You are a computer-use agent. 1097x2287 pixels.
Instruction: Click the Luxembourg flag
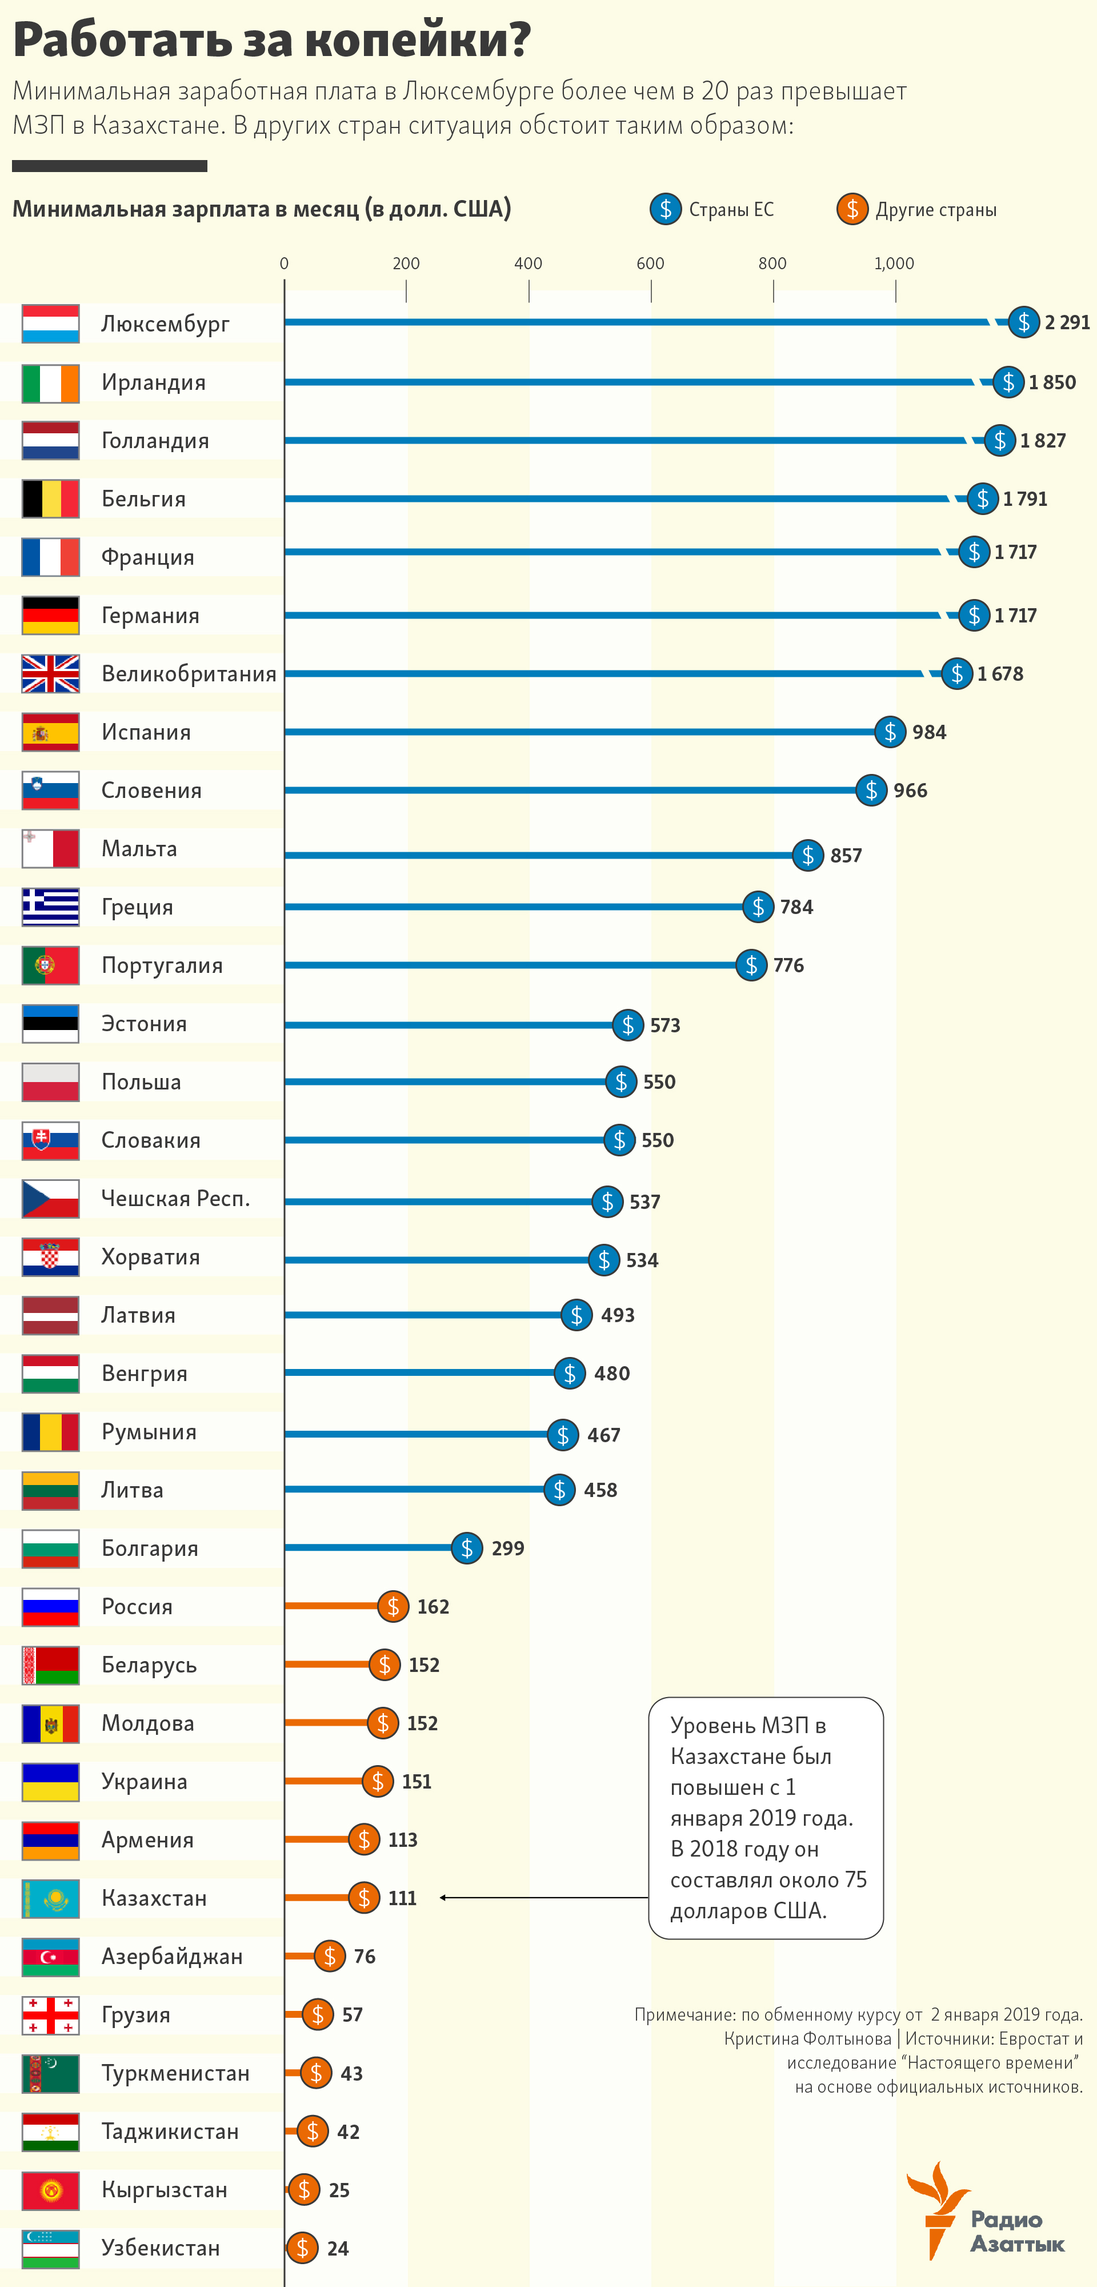51,323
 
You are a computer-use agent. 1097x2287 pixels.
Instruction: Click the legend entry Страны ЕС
730,210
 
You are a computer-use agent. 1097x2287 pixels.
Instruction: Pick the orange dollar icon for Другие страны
852,210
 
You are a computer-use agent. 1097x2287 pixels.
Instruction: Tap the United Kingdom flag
51,674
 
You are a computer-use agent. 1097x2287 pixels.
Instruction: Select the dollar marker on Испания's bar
890,732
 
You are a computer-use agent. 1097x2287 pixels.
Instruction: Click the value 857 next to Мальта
845,855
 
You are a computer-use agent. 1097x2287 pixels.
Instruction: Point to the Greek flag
51,907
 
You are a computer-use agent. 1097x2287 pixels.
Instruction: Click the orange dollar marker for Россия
393,1606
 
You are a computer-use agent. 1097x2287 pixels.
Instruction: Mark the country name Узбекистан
161,2248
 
